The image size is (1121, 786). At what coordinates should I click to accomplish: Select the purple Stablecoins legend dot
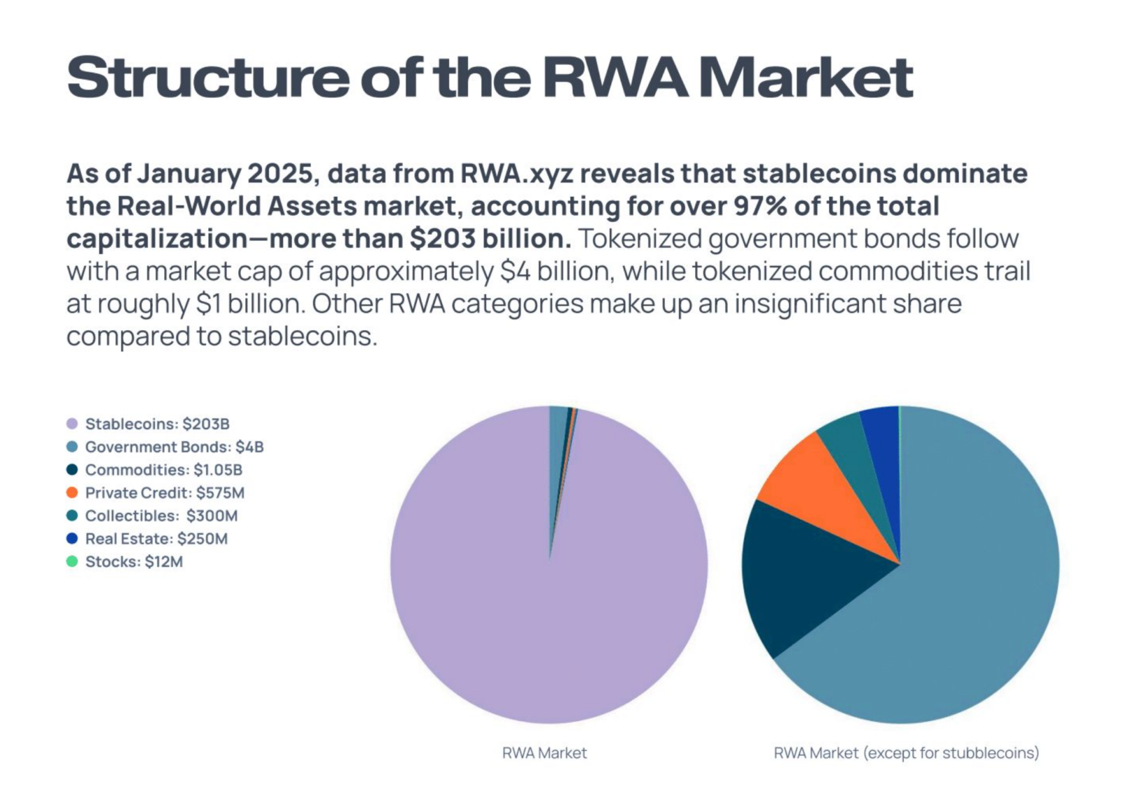71,424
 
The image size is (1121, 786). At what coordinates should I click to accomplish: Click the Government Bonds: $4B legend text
174,447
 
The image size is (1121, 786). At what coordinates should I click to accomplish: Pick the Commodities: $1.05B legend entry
163,470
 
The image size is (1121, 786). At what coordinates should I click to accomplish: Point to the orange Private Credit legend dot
71,492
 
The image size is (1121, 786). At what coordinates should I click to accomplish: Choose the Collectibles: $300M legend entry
161,516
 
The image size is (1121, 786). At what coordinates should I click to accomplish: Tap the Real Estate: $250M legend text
156,539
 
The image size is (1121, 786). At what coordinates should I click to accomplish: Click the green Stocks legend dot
71,561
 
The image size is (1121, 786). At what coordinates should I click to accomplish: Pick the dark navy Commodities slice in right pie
792,574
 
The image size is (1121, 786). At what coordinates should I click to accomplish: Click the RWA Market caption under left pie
544,753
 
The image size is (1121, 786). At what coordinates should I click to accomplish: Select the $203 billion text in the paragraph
490,239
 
